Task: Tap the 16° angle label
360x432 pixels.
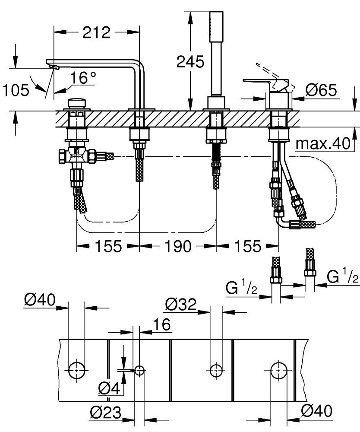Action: click(x=83, y=78)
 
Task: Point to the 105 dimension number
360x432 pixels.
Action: click(x=16, y=90)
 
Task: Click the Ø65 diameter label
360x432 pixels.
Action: click(x=321, y=90)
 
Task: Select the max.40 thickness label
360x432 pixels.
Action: click(x=322, y=144)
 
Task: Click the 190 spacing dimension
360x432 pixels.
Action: click(x=177, y=246)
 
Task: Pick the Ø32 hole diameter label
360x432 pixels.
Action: click(x=180, y=305)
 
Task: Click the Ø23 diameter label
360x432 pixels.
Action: click(x=105, y=413)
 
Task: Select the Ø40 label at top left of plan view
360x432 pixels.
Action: click(x=39, y=300)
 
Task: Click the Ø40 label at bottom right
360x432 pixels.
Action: click(x=317, y=412)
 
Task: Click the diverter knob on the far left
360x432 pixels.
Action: click(x=77, y=104)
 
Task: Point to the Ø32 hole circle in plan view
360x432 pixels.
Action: click(x=215, y=370)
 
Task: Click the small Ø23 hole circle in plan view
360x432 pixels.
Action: click(x=139, y=370)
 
